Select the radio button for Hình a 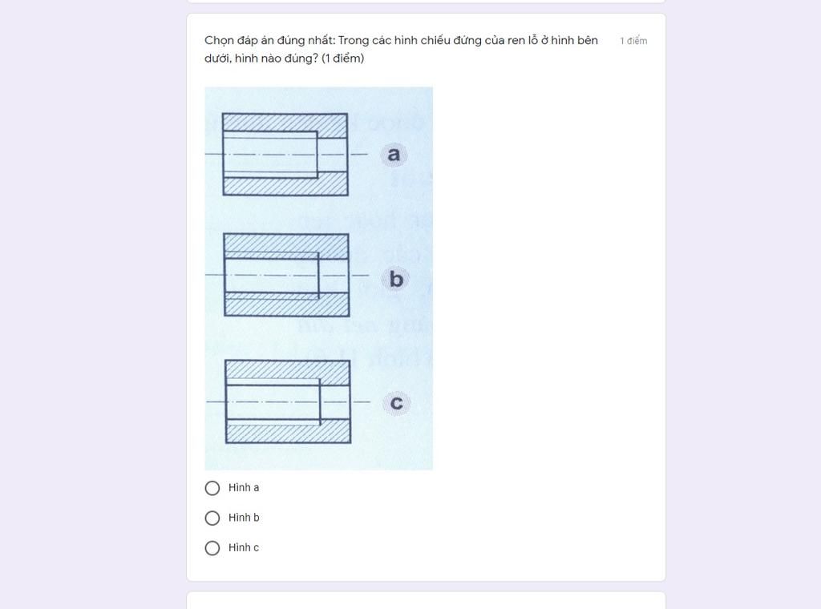click(212, 488)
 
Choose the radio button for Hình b click(212, 518)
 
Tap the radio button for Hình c click(212, 548)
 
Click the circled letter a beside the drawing click(393, 154)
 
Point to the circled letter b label click(396, 279)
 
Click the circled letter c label click(396, 402)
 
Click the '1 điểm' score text click(633, 41)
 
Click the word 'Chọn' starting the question click(219, 41)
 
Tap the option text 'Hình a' click(244, 488)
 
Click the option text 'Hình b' click(244, 518)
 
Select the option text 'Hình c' click(244, 548)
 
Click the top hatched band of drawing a click(285, 123)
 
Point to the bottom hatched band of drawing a click(285, 186)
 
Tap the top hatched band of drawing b click(285, 243)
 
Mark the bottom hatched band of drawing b click(285, 305)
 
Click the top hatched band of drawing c click(287, 369)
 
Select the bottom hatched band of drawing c click(287, 434)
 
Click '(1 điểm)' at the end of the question click(342, 58)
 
